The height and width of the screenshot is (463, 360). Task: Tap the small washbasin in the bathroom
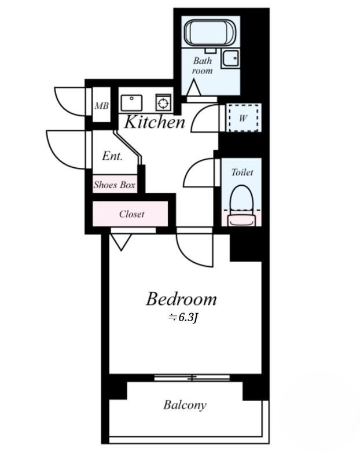[x=231, y=58]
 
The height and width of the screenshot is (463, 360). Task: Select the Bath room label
[x=203, y=65]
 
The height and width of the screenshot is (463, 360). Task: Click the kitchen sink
[x=131, y=103]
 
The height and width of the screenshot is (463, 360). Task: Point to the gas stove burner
[x=163, y=103]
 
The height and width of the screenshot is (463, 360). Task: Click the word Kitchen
[x=155, y=122]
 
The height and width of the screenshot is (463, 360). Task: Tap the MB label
[x=102, y=105]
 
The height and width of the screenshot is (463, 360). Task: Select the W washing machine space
[x=243, y=118]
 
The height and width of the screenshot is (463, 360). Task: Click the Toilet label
[x=242, y=172]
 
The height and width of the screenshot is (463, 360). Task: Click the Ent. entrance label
[x=112, y=156]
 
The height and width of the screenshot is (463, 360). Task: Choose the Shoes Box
[x=115, y=184]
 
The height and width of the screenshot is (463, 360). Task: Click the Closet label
[x=132, y=214]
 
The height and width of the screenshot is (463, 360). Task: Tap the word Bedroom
[x=182, y=299]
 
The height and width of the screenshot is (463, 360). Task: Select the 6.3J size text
[x=182, y=317]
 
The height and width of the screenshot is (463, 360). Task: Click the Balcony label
[x=185, y=405]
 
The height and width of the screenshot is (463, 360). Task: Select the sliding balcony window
[x=192, y=377]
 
